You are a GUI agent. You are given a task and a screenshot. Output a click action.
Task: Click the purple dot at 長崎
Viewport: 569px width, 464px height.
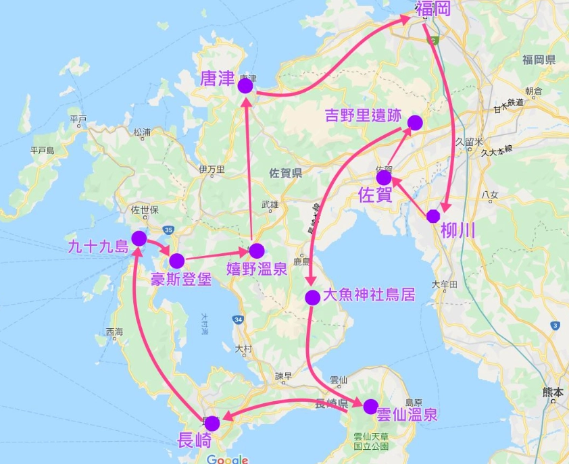212,423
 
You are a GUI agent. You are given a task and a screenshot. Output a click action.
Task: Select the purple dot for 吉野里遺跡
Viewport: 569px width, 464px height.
415,122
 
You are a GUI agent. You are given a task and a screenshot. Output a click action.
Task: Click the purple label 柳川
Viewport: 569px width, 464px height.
457,230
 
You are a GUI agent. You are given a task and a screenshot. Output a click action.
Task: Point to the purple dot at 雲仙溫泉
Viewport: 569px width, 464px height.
370,407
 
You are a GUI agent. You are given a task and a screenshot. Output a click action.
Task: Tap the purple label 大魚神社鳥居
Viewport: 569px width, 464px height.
368,295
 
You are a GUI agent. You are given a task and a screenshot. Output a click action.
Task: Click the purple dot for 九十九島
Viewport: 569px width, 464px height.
139,238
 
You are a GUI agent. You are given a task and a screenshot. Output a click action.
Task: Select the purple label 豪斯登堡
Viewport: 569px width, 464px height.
180,279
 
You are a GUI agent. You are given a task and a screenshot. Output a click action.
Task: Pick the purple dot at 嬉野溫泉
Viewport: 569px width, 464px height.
256,251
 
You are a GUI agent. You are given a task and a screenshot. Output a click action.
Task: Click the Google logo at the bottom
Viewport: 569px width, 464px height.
227,459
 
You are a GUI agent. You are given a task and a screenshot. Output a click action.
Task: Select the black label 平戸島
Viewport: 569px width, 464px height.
43,151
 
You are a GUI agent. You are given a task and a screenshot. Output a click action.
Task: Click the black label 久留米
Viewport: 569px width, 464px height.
468,142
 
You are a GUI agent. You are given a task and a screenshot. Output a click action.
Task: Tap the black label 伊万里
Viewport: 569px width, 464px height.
212,169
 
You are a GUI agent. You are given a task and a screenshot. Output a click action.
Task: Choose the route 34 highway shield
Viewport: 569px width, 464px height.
237,319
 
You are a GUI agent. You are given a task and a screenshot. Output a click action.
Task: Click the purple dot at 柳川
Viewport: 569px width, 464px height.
433,215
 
